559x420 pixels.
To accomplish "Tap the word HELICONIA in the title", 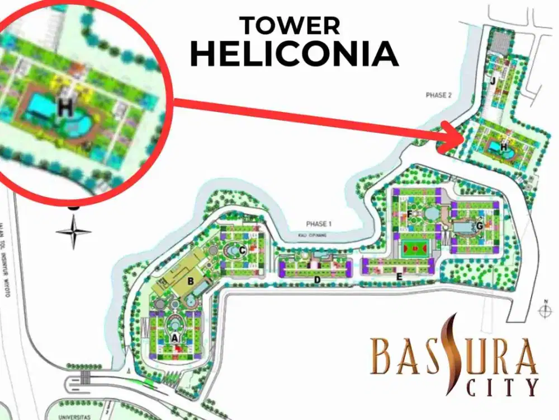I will click(x=294, y=54).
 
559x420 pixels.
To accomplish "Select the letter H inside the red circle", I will click(x=65, y=109).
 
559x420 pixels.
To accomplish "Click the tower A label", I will click(x=174, y=338).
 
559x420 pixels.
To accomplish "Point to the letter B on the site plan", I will click(x=191, y=282).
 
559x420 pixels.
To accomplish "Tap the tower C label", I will click(x=243, y=250).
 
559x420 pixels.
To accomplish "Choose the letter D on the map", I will click(x=317, y=279).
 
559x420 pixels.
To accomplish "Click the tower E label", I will click(x=399, y=276).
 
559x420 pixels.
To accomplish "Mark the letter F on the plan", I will click(x=410, y=214).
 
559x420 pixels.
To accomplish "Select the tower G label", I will click(x=479, y=226).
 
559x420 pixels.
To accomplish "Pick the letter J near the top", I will click(x=492, y=80).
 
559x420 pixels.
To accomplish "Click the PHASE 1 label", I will click(x=319, y=224).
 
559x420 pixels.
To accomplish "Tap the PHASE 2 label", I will click(x=438, y=95).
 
